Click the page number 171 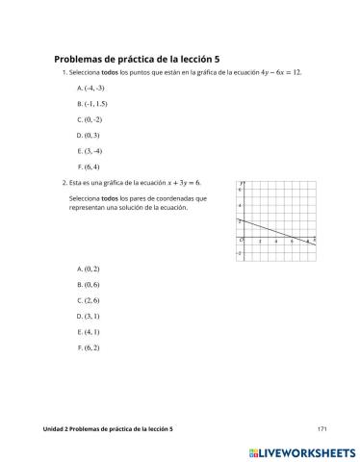322,427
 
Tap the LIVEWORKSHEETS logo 302,449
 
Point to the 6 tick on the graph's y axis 239,191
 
